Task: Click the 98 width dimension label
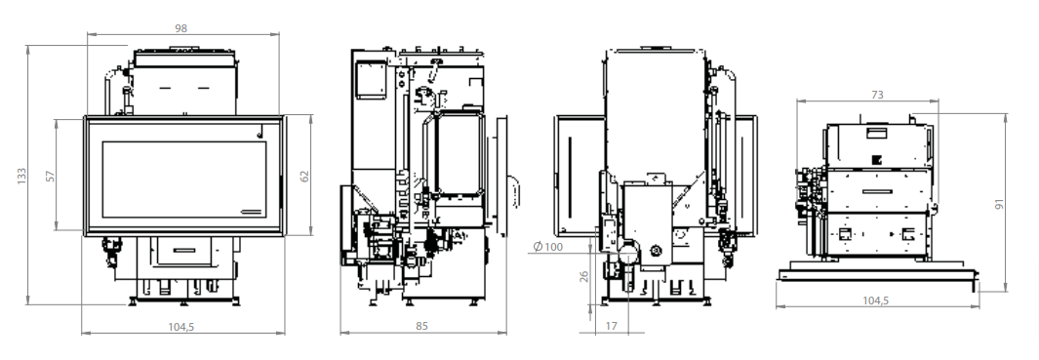pos(180,28)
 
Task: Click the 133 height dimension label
pos(21,175)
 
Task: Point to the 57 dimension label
pos(51,176)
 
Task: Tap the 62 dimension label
pos(304,176)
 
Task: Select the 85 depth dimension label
pos(422,326)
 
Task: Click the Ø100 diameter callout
pos(548,247)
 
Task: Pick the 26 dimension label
pos(583,275)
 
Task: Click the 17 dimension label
pos(611,326)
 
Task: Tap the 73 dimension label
pos(877,95)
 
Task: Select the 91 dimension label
pos(1000,203)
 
